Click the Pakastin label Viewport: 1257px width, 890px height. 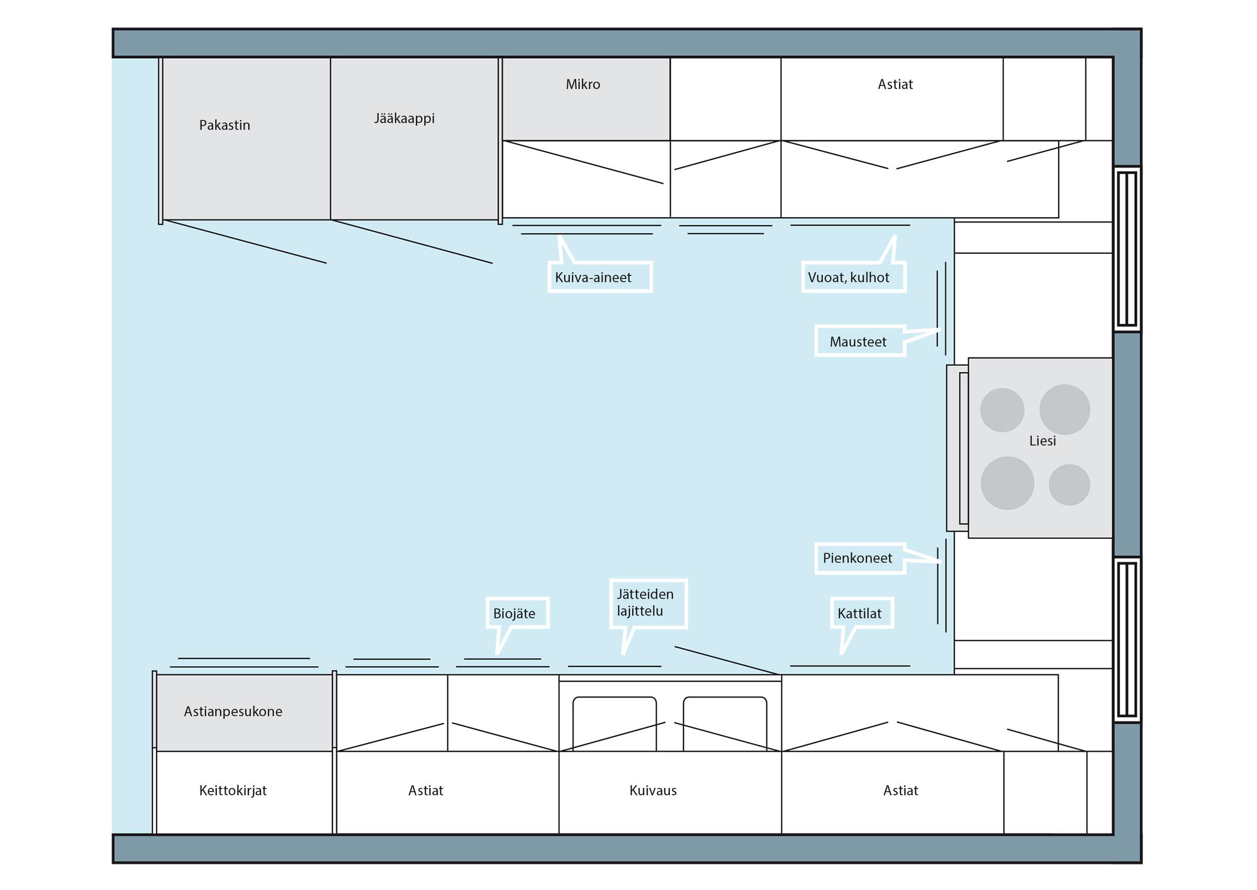(x=224, y=125)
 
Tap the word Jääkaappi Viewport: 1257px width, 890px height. (x=404, y=118)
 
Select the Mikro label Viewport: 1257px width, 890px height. (x=582, y=85)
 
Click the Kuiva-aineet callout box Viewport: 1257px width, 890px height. (x=600, y=277)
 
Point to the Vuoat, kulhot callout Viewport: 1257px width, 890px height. (x=853, y=277)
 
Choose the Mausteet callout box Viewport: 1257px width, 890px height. (x=859, y=341)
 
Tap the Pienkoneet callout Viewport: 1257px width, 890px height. (x=859, y=558)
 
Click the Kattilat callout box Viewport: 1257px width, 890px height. (x=862, y=613)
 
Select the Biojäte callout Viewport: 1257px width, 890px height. (x=517, y=613)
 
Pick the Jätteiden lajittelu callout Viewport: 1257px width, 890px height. (x=648, y=603)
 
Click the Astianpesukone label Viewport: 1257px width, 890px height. (x=233, y=711)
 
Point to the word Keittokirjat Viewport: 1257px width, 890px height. (x=232, y=790)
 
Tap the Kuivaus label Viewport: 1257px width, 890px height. (x=653, y=790)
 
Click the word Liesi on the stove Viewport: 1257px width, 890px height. (x=1042, y=441)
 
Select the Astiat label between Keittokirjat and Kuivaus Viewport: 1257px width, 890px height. (x=425, y=790)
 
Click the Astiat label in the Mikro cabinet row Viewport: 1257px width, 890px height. (x=895, y=85)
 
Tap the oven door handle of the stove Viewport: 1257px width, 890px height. (x=963, y=448)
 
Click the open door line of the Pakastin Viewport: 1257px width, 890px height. (x=245, y=242)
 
